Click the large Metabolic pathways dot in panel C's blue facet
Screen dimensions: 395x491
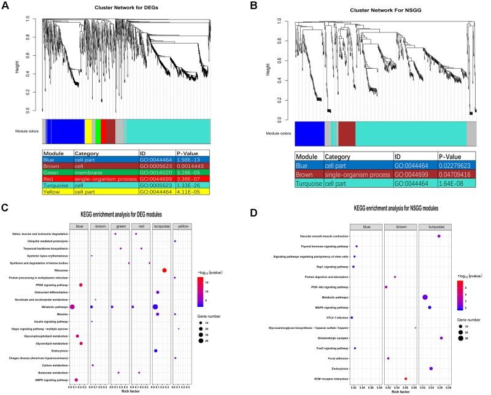pyautogui.click(x=72, y=307)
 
